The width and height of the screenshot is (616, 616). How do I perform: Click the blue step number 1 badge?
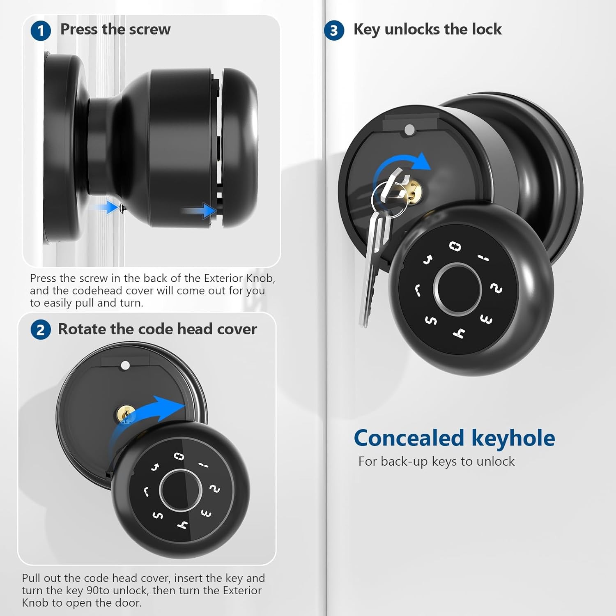point(41,31)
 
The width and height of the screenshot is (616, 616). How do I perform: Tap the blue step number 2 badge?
point(41,330)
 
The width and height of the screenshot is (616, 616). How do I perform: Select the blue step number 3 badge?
point(334,31)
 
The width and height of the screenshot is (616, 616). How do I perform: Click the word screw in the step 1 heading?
point(149,30)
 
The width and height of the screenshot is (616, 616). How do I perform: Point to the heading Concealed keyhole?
point(454,438)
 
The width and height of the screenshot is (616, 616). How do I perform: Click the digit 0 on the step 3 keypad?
point(455,246)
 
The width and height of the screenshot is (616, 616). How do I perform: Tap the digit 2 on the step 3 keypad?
point(496,289)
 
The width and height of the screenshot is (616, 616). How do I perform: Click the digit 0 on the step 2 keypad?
point(179,456)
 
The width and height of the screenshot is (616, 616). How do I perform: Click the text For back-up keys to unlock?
point(436,461)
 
